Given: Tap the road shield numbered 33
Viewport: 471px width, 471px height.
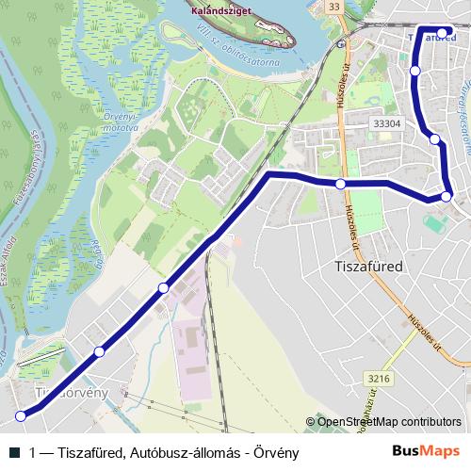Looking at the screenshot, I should click(333, 8).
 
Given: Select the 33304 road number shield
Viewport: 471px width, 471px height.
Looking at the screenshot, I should click(387, 122).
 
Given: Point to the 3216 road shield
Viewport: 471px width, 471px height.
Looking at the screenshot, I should click(380, 379).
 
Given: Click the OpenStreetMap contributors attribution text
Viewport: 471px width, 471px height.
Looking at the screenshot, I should click(387, 421).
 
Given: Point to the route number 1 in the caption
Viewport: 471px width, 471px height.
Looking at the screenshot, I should click(34, 452).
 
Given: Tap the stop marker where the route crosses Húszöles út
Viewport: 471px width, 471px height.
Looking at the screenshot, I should click(340, 183).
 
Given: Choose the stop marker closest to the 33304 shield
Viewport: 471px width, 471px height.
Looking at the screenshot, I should click(434, 139).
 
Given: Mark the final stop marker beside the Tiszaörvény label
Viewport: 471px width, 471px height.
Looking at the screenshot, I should click(21, 415).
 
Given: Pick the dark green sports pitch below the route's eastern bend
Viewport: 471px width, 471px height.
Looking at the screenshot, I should click(434, 224).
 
